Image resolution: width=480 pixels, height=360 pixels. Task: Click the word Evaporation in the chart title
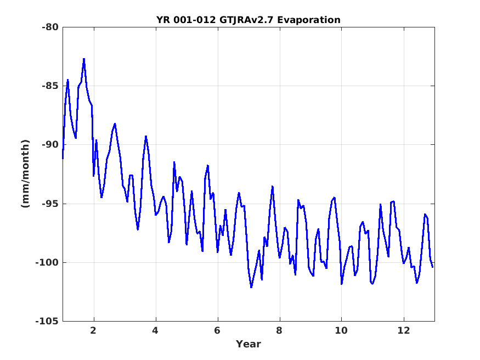pos(309,20)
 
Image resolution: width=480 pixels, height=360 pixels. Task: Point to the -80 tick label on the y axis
pos(50,27)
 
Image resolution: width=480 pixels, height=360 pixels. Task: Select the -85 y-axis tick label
pos(50,86)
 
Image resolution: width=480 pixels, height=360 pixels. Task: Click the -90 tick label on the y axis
pos(50,144)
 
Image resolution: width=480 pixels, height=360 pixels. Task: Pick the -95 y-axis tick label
pos(50,204)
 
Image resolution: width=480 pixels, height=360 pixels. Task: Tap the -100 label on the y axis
pos(47,262)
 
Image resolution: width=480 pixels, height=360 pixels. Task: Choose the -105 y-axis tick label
pos(47,321)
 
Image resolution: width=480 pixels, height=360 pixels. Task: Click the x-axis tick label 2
pos(93,330)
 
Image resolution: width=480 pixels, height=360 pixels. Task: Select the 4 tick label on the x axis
pos(155,330)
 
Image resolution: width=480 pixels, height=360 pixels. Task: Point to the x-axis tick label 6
pos(217,330)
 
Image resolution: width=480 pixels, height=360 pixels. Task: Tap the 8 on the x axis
pos(279,330)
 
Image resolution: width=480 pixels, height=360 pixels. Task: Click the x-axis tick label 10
pos(341,330)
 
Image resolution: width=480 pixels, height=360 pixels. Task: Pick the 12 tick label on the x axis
pos(403,330)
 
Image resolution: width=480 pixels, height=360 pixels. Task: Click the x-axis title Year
pos(249,344)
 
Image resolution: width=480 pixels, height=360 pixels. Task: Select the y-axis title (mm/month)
pos(26,174)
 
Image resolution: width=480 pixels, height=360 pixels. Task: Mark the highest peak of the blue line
pos(84,59)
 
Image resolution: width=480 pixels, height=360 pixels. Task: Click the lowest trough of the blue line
pos(251,287)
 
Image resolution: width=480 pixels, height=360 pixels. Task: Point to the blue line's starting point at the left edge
pos(63,158)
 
